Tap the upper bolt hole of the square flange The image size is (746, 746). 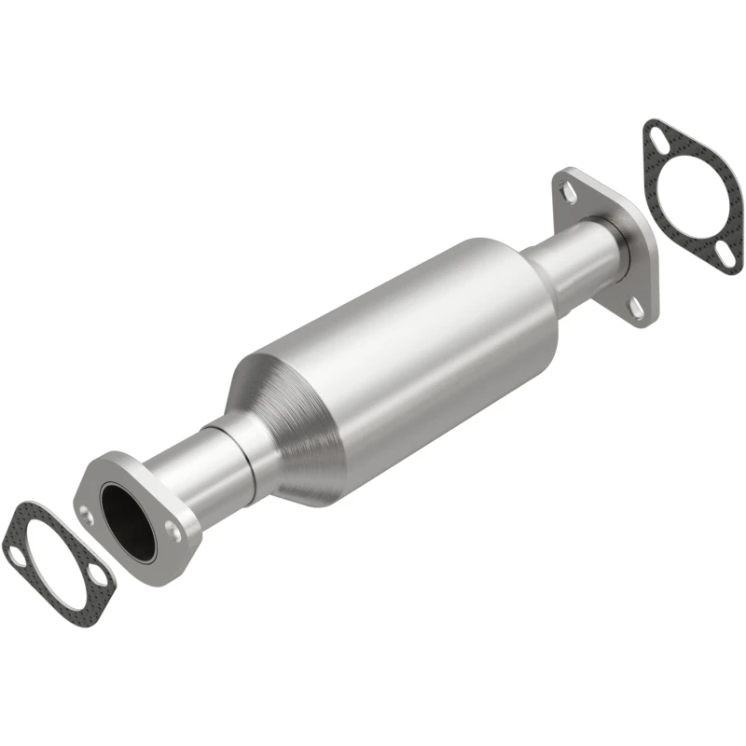tap(568, 191)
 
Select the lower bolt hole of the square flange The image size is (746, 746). tap(637, 304)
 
